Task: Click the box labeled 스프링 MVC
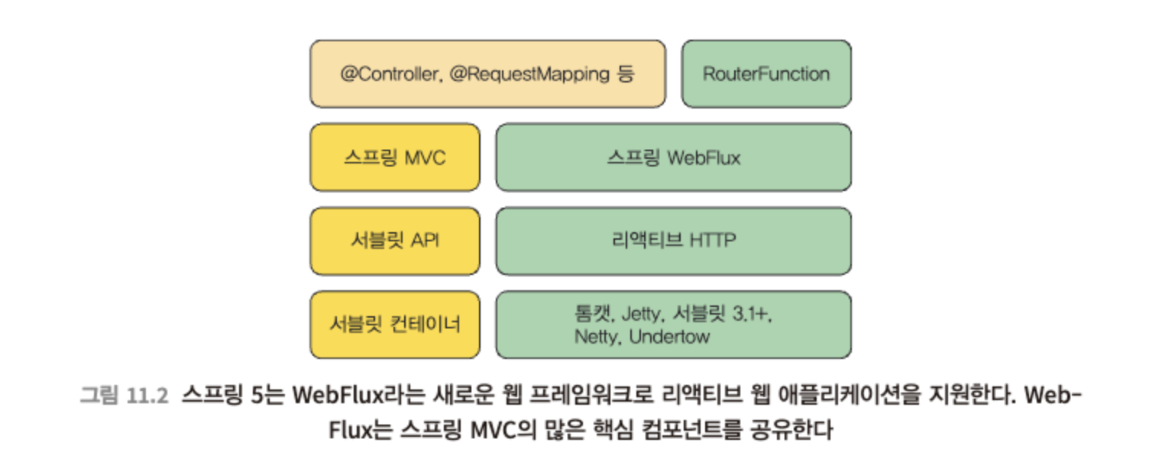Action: (x=395, y=157)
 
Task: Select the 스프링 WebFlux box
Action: (x=674, y=157)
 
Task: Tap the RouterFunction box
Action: (x=766, y=74)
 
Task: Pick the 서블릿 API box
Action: (x=395, y=241)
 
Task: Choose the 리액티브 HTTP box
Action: (x=674, y=241)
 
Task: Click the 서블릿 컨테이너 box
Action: (x=395, y=325)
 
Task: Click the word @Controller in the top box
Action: (x=390, y=74)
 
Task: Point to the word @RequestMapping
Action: (x=529, y=75)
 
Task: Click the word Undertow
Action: (x=669, y=337)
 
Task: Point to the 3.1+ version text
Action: (x=753, y=313)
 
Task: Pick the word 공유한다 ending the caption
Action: (x=791, y=429)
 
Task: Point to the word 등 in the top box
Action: (x=626, y=74)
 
